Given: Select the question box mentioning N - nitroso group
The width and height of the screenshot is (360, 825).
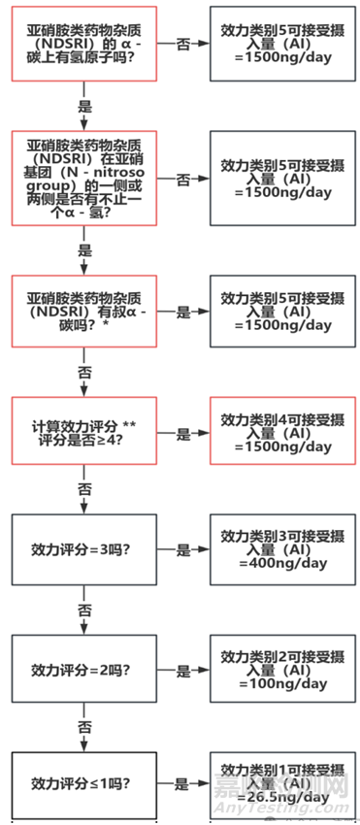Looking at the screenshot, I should click(83, 181).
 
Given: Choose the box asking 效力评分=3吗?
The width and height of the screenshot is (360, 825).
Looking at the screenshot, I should click(83, 549).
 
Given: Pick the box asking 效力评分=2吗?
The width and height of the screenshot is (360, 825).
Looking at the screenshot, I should click(83, 670).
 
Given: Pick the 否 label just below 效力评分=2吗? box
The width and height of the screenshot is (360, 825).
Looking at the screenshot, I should click(83, 725).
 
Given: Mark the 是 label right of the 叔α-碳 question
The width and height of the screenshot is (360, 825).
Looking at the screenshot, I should click(183, 313).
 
